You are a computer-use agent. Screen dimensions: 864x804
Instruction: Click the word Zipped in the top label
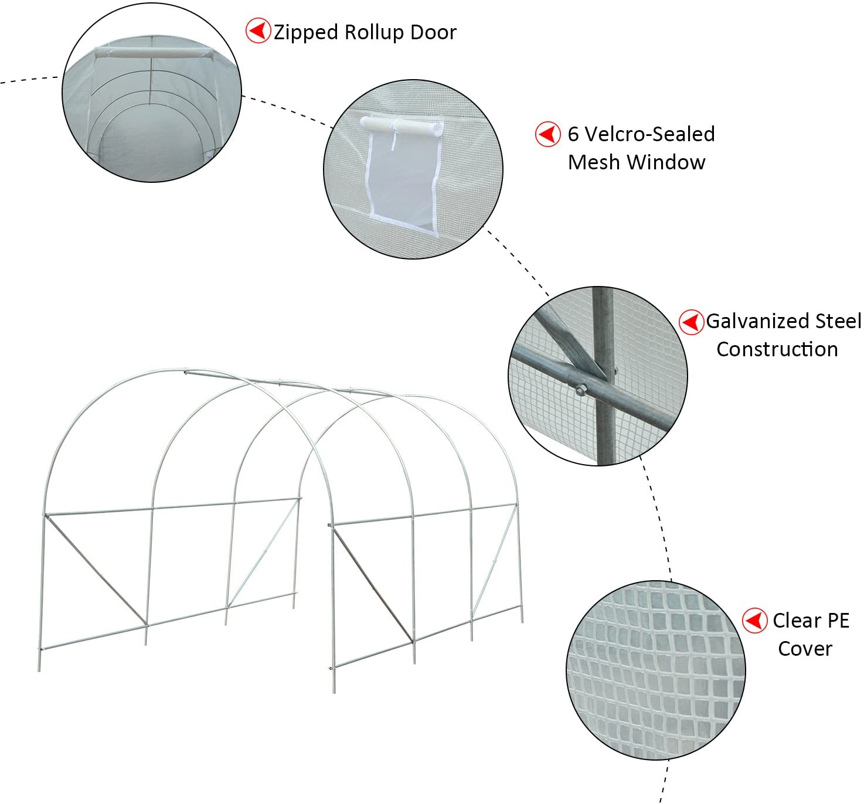tap(306, 33)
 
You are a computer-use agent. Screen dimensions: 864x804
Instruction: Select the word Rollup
tap(374, 33)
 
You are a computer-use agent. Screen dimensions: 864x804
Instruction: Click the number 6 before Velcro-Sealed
tap(573, 134)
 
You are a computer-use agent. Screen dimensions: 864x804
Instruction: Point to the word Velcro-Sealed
tap(649, 134)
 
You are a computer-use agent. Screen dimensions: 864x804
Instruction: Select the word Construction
tap(777, 349)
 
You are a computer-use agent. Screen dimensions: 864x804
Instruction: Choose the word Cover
tap(805, 649)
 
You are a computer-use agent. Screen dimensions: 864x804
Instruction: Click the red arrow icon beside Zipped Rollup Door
tap(258, 30)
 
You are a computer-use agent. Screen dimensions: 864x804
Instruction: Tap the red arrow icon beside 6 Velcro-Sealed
tap(547, 134)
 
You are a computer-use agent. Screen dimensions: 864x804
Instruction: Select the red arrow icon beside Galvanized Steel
tap(691, 322)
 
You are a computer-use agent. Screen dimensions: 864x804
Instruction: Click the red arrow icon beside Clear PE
tap(755, 621)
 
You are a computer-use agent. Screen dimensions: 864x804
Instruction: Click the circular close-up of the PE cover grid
tap(655, 670)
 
